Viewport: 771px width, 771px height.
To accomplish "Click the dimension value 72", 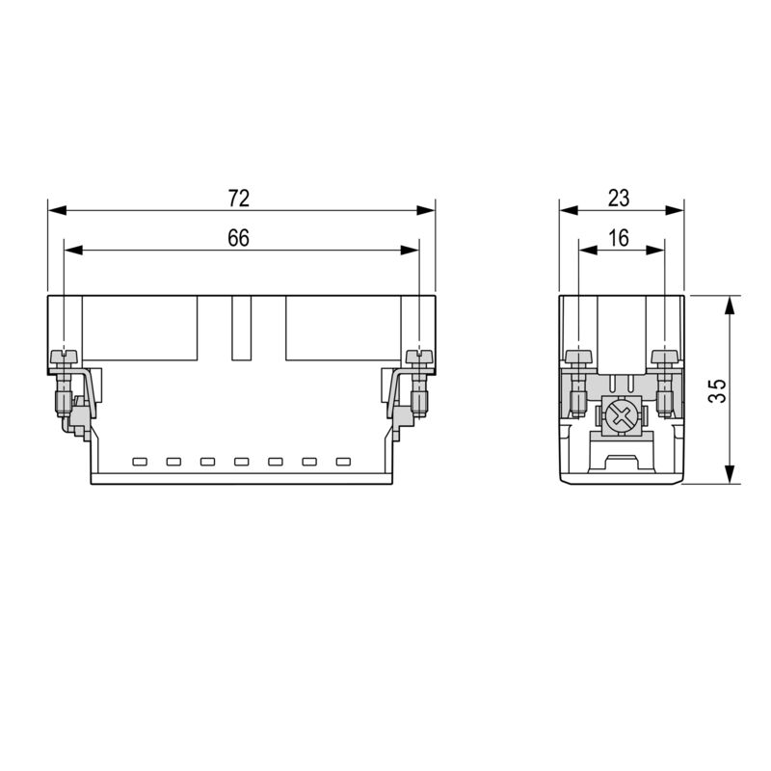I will [x=238, y=199].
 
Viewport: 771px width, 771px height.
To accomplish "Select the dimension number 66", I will [x=238, y=239].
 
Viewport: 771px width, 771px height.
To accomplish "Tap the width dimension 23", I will [x=619, y=199].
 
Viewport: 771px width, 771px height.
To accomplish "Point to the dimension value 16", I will [x=619, y=239].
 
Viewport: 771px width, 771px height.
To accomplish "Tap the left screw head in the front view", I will [x=64, y=358].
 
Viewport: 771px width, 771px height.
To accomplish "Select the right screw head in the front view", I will [x=418, y=358].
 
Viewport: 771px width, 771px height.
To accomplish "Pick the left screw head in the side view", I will [x=578, y=358].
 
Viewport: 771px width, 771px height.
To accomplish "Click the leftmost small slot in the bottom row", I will [x=139, y=461].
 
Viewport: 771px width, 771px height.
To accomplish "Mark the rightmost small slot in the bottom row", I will [x=342, y=461].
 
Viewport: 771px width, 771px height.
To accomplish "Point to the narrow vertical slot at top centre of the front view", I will [x=241, y=328].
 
